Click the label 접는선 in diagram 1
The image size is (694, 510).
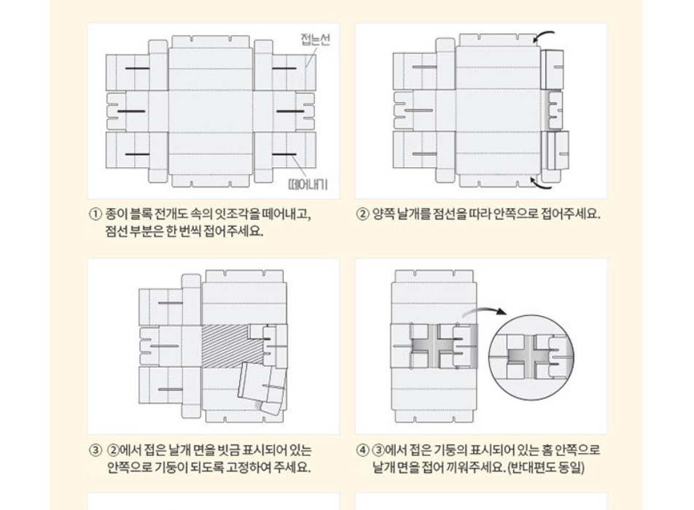click(x=315, y=40)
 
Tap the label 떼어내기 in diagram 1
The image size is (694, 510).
click(x=308, y=184)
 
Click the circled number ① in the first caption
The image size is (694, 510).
click(x=95, y=215)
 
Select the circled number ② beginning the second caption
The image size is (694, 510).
click(x=362, y=215)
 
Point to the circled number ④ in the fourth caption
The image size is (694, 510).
click(x=362, y=451)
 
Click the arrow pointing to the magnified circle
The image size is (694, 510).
click(x=483, y=312)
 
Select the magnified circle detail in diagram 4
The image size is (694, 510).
click(x=533, y=357)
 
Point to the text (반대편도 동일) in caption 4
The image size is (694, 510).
click(x=546, y=468)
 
